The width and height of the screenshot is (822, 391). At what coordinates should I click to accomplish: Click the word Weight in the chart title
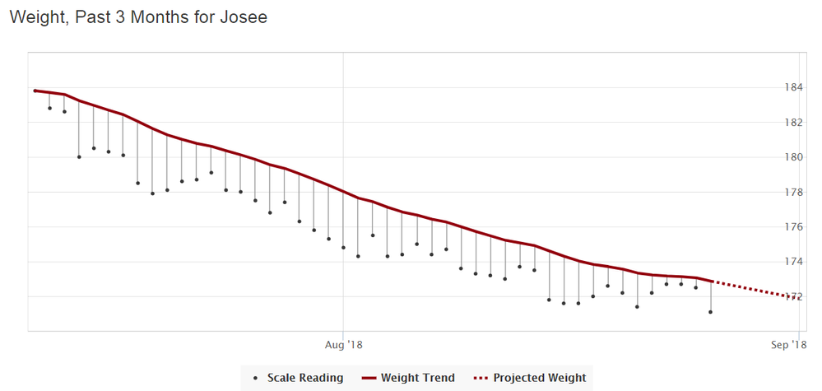coord(36,16)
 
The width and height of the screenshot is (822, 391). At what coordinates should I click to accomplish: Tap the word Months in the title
coord(172,16)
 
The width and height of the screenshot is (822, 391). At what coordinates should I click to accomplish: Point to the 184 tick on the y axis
coord(794,87)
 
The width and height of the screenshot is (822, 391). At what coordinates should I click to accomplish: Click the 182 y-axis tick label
coord(794,123)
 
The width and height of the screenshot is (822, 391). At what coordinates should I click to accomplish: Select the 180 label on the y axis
coord(794,157)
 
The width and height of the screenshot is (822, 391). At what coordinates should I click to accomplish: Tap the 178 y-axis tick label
coord(794,192)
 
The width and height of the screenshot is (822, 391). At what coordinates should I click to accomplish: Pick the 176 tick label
coord(794,227)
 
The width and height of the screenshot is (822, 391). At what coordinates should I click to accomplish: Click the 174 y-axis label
coord(794,262)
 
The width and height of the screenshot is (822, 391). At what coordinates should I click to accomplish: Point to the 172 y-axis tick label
coord(794,296)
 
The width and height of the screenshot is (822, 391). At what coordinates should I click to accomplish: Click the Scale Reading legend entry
coord(304,378)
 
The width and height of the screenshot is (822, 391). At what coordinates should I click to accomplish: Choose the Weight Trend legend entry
coord(418,378)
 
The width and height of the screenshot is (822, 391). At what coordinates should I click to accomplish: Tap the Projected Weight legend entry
coord(540,378)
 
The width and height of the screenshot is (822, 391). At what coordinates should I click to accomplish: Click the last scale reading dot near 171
coord(710,312)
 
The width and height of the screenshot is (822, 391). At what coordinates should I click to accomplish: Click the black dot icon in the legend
coord(255,378)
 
